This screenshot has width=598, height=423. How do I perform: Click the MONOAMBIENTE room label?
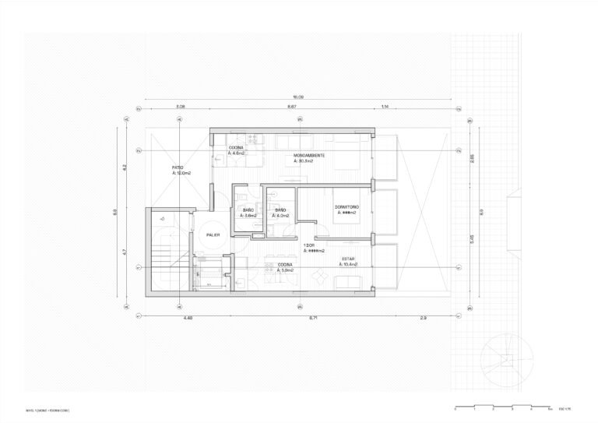[x=315, y=157]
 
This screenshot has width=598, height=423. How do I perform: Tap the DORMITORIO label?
[x=346, y=206]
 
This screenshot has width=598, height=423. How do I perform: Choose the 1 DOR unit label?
[x=310, y=246]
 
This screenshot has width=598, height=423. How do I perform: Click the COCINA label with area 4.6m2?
[x=236, y=148]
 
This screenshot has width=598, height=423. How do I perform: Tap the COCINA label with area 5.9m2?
[x=285, y=265]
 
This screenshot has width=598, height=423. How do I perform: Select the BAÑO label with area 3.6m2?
[x=248, y=210]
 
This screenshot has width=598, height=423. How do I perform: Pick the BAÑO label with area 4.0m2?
[x=280, y=210]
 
